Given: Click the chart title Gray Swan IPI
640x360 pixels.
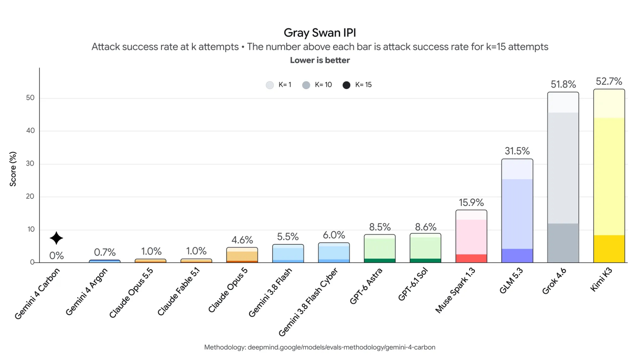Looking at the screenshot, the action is point(320,33).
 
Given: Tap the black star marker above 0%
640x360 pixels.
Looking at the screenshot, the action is point(56,238).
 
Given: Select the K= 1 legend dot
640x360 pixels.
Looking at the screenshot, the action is point(270,85).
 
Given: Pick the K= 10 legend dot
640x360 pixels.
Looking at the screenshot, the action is point(306,85).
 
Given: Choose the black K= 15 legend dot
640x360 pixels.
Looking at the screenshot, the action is point(346,85).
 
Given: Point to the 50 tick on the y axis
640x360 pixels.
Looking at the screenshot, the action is point(30,98).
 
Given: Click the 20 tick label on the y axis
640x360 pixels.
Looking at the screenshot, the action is point(30,196).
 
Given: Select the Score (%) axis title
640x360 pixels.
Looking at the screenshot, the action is point(13,169).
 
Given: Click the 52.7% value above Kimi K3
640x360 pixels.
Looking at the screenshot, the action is point(609,81).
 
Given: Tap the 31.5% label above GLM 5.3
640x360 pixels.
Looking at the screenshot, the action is point(517,151).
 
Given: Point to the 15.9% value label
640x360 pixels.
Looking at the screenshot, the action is point(471,202).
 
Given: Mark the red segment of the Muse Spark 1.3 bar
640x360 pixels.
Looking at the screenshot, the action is point(471,258).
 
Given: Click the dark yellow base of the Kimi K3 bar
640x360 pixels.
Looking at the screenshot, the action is point(609,249).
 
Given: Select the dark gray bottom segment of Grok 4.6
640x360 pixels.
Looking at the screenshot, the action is point(563,243).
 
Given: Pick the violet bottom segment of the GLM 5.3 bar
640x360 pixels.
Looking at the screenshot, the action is point(517,256).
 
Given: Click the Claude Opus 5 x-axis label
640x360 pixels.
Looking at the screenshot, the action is point(228,290).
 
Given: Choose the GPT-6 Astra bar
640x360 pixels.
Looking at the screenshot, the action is point(380,249).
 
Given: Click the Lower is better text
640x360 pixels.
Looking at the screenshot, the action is point(320,60).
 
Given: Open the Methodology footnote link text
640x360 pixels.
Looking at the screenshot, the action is point(320,347).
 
